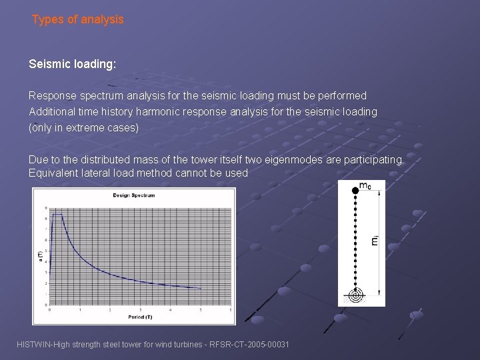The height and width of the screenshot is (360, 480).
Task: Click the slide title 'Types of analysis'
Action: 78,20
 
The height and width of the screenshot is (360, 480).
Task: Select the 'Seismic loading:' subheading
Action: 72,65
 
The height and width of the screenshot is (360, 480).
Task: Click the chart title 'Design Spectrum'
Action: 133,195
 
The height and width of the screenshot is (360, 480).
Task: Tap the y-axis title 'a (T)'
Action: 40,255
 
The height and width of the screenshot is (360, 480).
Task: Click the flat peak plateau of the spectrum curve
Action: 58,215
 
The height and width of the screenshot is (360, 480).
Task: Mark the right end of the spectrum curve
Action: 201,289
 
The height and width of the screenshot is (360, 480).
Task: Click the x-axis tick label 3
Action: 140,310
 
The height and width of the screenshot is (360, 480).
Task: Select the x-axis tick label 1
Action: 80,310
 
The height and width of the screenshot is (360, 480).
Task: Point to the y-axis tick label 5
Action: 45,251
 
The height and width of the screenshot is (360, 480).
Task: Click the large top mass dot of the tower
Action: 355,190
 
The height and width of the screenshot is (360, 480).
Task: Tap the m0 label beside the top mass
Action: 366,186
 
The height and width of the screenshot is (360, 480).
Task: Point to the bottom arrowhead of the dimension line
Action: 378,293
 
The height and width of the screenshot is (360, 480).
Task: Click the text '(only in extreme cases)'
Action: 84,128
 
